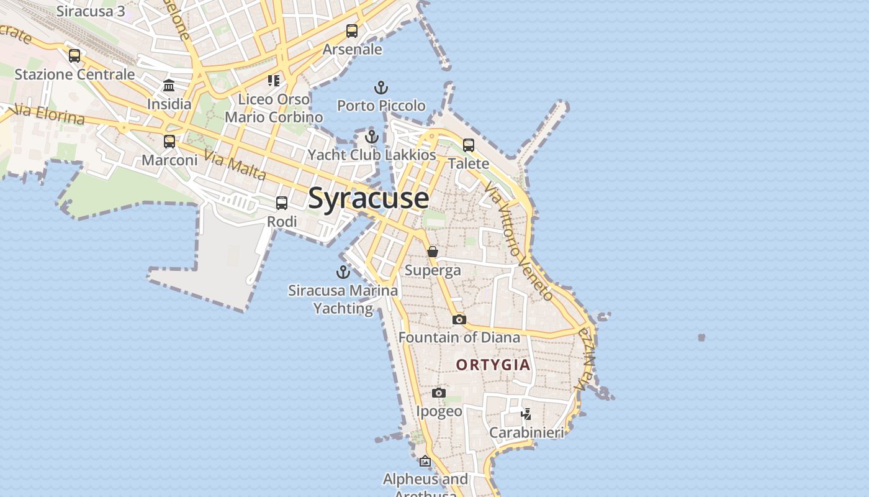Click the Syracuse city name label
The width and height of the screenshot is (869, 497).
pyautogui.click(x=368, y=198)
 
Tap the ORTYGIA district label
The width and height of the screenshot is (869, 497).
pyautogui.click(x=493, y=365)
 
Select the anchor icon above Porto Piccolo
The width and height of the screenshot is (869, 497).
pyautogui.click(x=381, y=88)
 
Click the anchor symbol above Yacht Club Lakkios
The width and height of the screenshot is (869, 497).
pyautogui.click(x=372, y=137)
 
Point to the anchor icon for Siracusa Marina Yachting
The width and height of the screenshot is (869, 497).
pyautogui.click(x=343, y=272)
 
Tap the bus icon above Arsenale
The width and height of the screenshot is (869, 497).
pyautogui.click(x=352, y=31)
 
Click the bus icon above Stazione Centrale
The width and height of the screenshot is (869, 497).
pyautogui.click(x=74, y=56)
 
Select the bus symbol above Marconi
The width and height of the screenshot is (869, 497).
pyautogui.click(x=169, y=142)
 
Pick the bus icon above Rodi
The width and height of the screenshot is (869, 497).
pyautogui.click(x=282, y=203)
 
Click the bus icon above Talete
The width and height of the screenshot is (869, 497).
pyautogui.click(x=469, y=145)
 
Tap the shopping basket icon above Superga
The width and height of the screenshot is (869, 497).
pyautogui.click(x=433, y=252)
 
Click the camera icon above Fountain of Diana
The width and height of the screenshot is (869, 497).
pyautogui.click(x=459, y=319)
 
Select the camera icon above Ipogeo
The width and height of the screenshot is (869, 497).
pyautogui.click(x=439, y=393)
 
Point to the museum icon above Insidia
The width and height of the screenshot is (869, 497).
pyautogui.click(x=169, y=85)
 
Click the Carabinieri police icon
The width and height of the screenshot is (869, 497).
pyautogui.click(x=526, y=414)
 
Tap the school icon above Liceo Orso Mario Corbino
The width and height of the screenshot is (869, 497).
pyautogui.click(x=274, y=80)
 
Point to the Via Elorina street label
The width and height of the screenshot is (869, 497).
pyautogui.click(x=48, y=114)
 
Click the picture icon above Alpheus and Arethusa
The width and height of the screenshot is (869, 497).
pyautogui.click(x=425, y=461)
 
